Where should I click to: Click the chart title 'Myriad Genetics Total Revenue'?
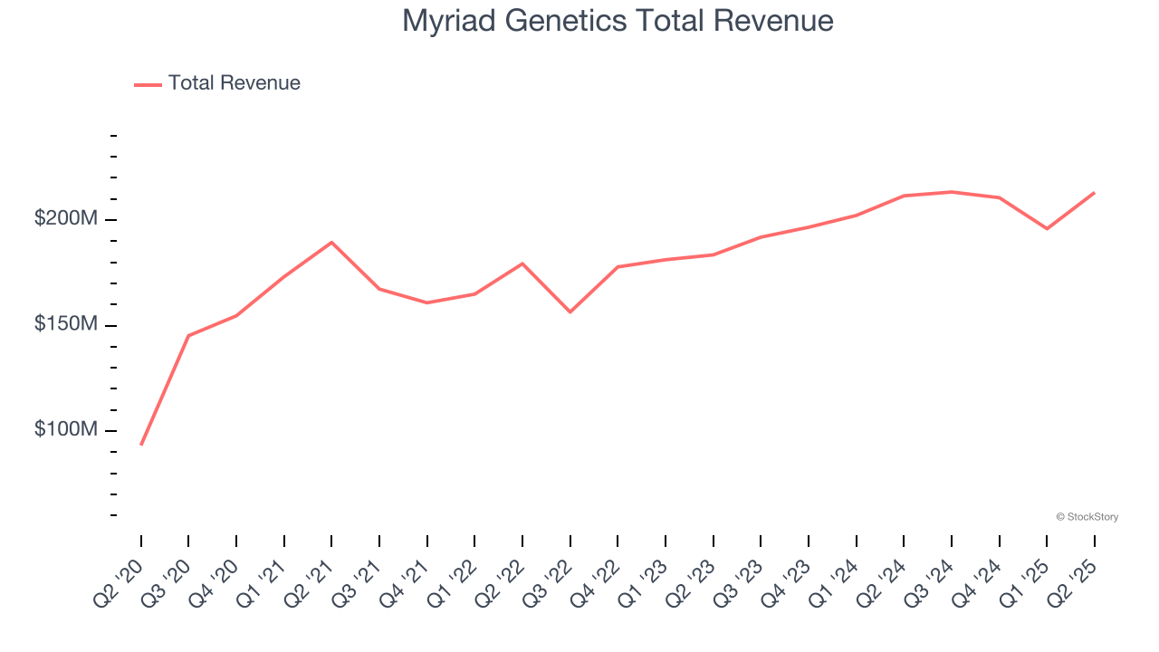coord(618,21)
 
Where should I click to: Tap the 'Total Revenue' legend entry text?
coord(234,83)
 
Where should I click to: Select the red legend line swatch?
coord(148,84)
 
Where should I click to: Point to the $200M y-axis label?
coord(66,220)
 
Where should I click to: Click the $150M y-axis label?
coord(66,325)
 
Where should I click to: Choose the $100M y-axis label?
coord(66,430)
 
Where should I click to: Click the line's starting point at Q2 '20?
coord(141,445)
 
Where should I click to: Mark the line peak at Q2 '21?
coord(331,242)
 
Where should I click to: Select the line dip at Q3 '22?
coord(570,312)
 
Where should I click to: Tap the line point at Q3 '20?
coord(188,336)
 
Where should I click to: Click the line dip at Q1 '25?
coord(1047,228)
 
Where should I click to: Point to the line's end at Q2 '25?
coord(1094,193)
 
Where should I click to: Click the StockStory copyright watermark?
coord(1087,517)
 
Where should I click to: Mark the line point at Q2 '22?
coord(522,264)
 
